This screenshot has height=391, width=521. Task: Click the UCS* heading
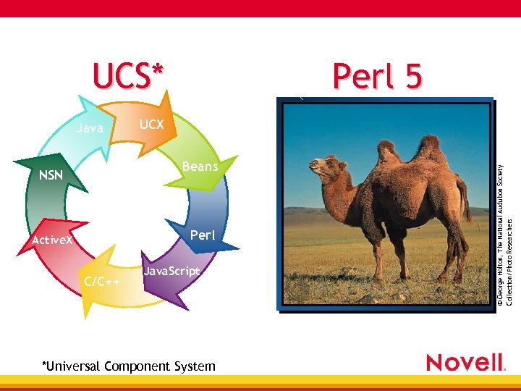129,76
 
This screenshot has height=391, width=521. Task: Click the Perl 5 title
377,76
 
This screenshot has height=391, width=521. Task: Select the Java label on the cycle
90,129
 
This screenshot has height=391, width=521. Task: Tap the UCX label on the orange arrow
151,125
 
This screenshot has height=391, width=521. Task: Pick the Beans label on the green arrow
200,167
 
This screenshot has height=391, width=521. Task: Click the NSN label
51,175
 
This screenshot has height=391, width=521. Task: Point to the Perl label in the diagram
202,235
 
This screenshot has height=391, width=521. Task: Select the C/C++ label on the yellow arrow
102,281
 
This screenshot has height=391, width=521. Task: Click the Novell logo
465,362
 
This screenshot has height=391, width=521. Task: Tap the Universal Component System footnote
129,366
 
